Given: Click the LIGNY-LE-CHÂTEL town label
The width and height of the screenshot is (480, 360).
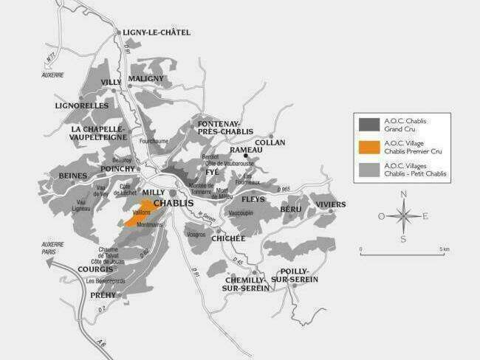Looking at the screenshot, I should tap(157, 32).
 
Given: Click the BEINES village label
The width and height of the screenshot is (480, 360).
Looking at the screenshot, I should tap(73, 176).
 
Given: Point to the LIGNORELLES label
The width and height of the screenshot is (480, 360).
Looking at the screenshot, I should tap(81, 105).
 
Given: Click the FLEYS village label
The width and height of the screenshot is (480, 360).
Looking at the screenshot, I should tap(253, 199).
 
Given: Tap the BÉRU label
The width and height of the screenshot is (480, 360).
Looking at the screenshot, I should tap(291, 210).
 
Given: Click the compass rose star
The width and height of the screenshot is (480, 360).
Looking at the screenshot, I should tap(402, 216).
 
